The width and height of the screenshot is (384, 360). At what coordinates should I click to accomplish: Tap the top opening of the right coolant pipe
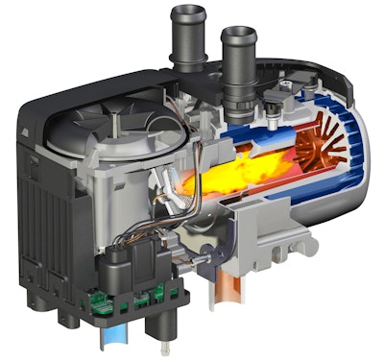click(237, 36)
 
